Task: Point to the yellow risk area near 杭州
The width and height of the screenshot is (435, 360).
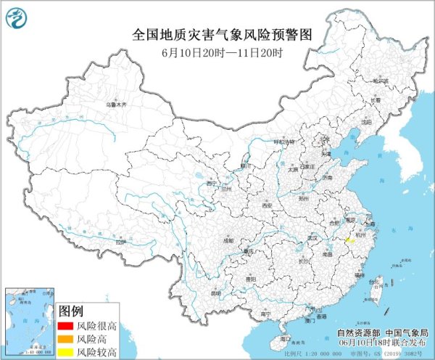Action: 347,237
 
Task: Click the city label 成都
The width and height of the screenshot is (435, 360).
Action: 229,240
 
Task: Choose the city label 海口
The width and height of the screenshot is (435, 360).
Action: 285,338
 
